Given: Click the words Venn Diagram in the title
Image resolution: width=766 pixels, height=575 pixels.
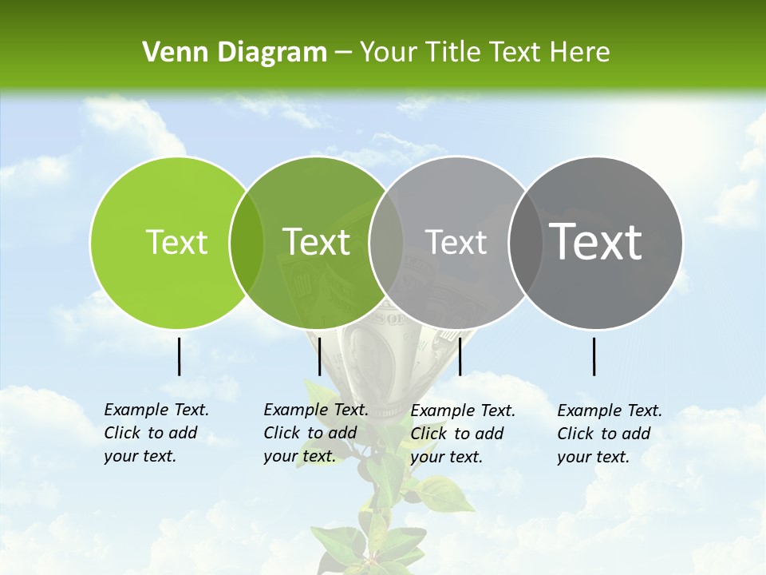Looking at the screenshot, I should click(x=235, y=53).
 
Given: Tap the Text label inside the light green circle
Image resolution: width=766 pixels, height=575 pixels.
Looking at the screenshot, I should click(x=177, y=243).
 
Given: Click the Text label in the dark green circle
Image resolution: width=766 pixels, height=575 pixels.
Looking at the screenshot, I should click(x=317, y=242).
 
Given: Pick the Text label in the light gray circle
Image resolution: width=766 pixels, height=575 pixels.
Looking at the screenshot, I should click(x=456, y=242).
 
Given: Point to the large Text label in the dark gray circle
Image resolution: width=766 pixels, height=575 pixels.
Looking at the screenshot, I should click(x=596, y=242).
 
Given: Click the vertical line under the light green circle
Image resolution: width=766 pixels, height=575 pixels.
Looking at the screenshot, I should click(x=179, y=356).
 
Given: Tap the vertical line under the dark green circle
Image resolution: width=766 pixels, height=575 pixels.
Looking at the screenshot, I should click(x=319, y=356).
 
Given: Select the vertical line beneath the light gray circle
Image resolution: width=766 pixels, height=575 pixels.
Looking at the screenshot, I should click(x=460, y=356).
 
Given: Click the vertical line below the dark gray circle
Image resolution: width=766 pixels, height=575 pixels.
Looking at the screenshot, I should click(x=594, y=356).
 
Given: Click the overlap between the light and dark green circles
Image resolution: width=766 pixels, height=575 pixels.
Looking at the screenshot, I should click(x=247, y=243).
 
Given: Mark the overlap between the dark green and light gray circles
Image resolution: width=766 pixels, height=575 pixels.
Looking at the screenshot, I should click(x=386, y=243).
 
